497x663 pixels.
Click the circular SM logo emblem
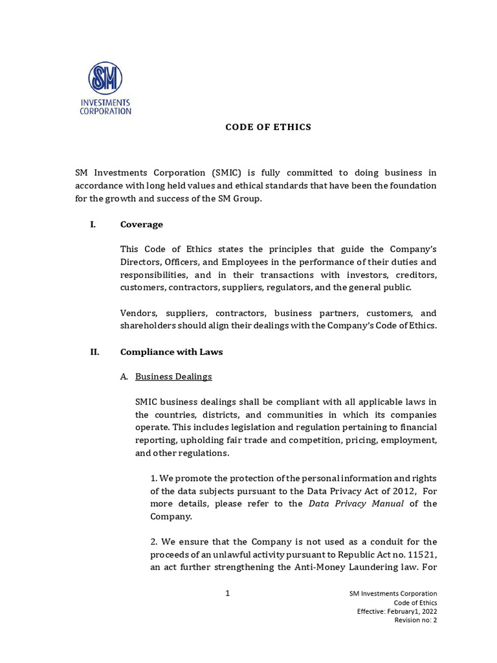[x=105, y=79]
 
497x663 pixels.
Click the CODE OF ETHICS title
[x=268, y=127]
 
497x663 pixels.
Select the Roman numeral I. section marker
[x=93, y=225]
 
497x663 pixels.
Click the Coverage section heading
[x=141, y=225]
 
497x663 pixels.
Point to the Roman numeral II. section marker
[x=94, y=352]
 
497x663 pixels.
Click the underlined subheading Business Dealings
[x=173, y=376]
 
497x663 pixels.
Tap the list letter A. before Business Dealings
[x=124, y=376]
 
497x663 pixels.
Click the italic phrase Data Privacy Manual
[x=356, y=504]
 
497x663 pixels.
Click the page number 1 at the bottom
[x=228, y=593]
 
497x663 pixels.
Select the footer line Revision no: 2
[x=415, y=620]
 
